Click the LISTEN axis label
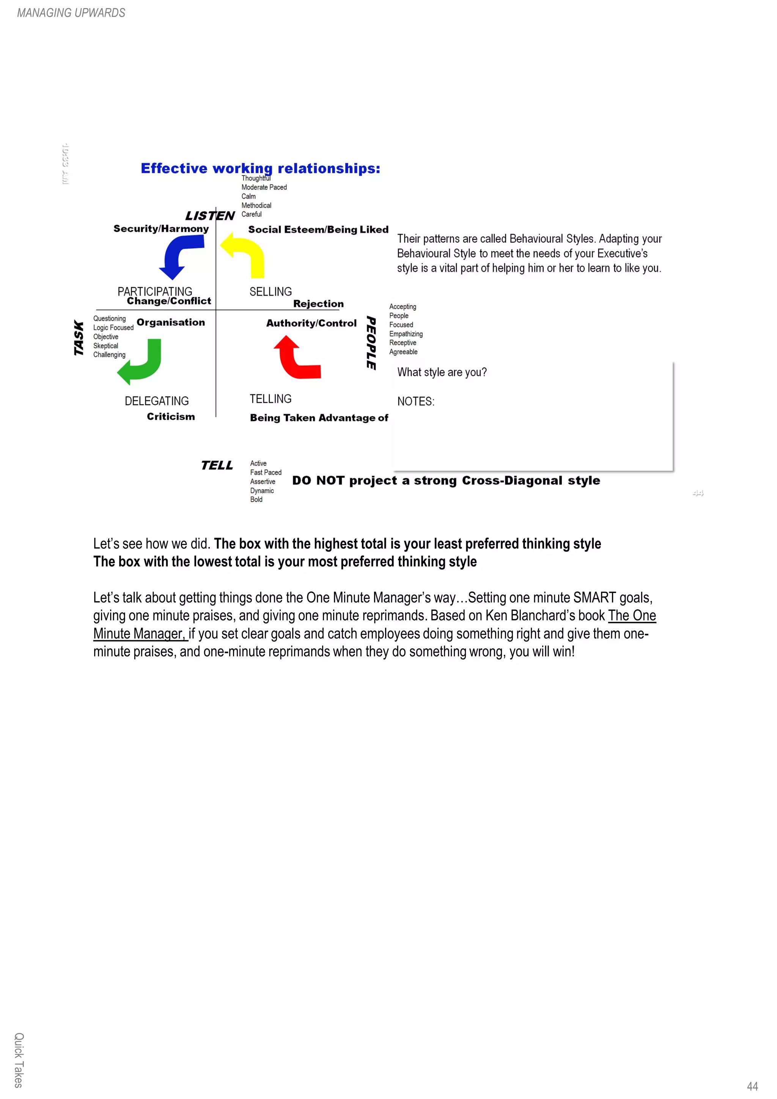(210, 216)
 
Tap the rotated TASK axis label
(79, 338)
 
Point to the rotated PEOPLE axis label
(371, 343)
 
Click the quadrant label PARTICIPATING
(155, 291)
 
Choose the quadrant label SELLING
(271, 291)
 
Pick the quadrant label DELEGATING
(157, 401)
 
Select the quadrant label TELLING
(271, 399)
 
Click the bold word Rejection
(318, 304)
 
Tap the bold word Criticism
(171, 417)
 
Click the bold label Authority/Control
(311, 323)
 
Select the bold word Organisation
(170, 322)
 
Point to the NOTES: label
(415, 402)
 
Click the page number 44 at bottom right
(752, 1086)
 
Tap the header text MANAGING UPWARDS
(71, 13)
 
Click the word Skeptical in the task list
(106, 346)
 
